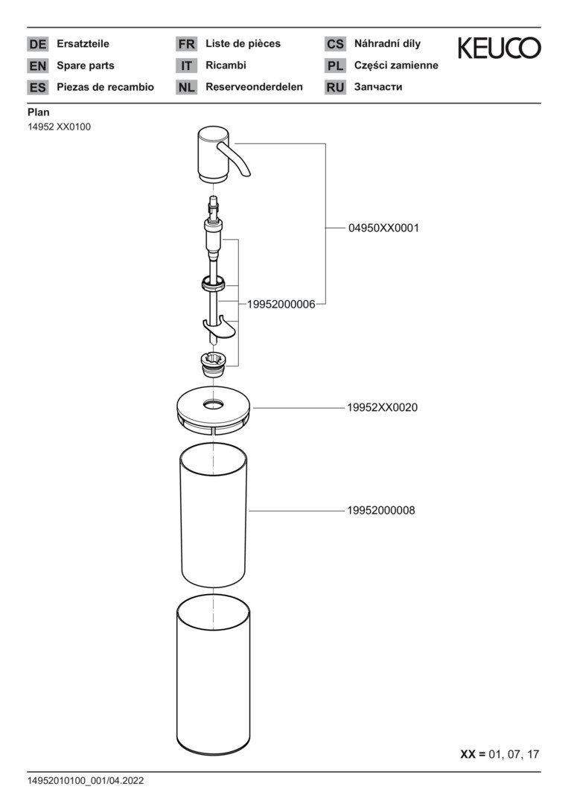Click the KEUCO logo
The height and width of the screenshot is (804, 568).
tap(499, 49)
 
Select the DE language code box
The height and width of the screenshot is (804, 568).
tap(37, 45)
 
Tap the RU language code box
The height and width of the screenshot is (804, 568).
tap(335, 88)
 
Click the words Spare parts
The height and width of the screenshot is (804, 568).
tap(86, 66)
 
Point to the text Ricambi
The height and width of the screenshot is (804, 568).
tap(226, 66)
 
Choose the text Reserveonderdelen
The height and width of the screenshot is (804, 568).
tap(254, 87)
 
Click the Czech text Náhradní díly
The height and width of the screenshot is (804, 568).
tap(387, 44)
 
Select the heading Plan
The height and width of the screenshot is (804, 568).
tap(39, 112)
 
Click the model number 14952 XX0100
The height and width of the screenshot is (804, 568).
tap(59, 127)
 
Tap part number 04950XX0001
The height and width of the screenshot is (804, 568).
tap(383, 229)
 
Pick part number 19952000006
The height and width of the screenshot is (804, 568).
tap(276, 304)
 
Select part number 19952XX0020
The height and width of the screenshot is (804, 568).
tap(382, 408)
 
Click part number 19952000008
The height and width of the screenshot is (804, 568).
tap(380, 511)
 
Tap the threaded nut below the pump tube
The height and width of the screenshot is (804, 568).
tap(214, 361)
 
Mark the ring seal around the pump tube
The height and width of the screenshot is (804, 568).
tap(214, 282)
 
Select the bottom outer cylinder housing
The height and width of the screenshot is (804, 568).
tap(214, 677)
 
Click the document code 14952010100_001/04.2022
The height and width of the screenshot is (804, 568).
tap(86, 781)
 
